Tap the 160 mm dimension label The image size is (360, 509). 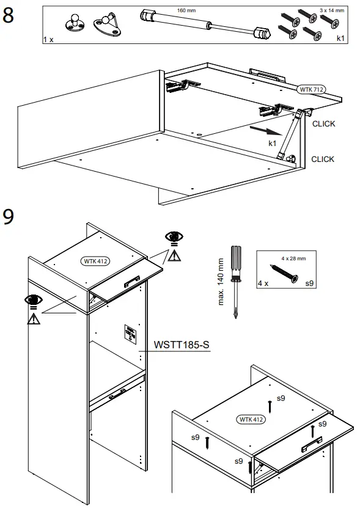coord(186,11)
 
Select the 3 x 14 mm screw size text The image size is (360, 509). coord(331,10)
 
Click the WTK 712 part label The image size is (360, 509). coord(310,90)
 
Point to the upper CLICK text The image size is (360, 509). coord(323,124)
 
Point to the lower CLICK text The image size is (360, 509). coord(323,159)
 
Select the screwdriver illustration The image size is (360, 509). coord(234,281)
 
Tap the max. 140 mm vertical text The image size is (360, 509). coord(221,282)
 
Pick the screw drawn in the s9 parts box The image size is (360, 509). coord(284,274)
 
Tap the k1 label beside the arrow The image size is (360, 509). coord(273,143)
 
